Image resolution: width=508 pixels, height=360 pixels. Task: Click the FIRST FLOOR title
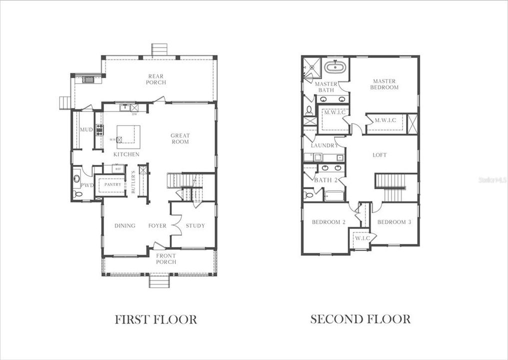[156, 319]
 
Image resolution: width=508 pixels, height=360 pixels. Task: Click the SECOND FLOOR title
[360, 319]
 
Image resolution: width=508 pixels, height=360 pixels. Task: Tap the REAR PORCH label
[156, 79]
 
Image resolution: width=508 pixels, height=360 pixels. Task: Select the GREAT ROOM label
[180, 138]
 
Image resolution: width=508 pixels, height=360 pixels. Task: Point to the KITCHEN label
[126, 154]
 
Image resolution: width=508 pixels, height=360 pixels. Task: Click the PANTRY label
[112, 184]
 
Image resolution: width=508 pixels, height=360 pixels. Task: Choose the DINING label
[125, 225]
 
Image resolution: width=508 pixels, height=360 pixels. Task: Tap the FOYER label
[157, 225]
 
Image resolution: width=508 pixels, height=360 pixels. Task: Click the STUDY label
[195, 225]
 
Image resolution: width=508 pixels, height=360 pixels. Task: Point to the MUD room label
[86, 130]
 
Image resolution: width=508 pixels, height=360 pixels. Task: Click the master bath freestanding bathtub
[333, 67]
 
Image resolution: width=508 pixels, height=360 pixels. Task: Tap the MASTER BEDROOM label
[384, 84]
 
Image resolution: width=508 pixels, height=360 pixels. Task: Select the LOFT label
[380, 155]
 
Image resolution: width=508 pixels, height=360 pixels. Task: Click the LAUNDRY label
[325, 145]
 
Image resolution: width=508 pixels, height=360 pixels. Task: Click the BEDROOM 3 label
[394, 222]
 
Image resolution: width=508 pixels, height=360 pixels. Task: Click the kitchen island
[129, 136]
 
